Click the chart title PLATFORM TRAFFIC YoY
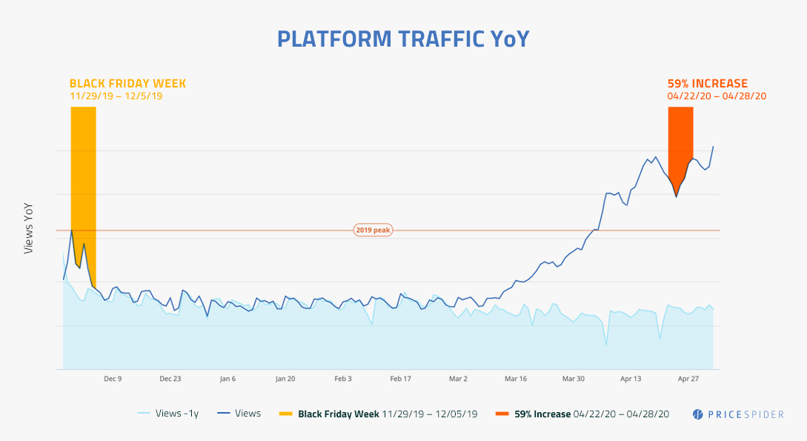[x=403, y=39]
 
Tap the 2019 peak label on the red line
[x=372, y=231]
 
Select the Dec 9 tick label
[x=113, y=379]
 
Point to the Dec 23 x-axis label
[x=170, y=379]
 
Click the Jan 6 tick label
[x=228, y=379]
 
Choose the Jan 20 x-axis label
[x=285, y=379]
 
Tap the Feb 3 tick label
[x=343, y=379]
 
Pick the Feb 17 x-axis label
[x=400, y=379]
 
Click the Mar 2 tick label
[x=458, y=379]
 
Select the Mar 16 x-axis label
[x=516, y=379]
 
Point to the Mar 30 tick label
[x=573, y=379]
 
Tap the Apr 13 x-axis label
[x=631, y=379]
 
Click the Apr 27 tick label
[x=688, y=379]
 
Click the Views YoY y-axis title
[x=29, y=228]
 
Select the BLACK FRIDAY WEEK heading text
[x=127, y=84]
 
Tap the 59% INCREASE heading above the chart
[x=707, y=84]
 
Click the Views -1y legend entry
[x=168, y=414]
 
